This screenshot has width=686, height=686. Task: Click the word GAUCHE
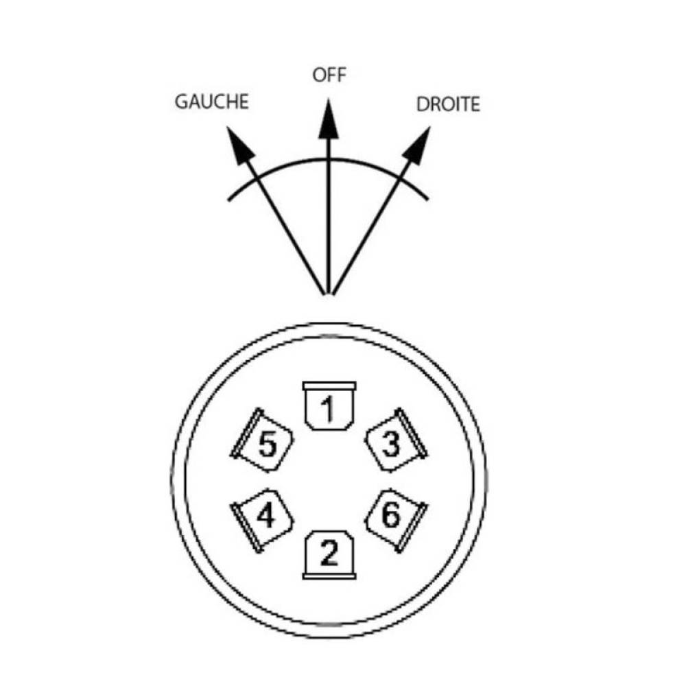[x=212, y=102]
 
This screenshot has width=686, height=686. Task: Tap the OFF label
[x=329, y=75]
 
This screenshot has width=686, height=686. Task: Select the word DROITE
[x=448, y=104]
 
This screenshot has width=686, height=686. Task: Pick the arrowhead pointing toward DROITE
[x=417, y=145]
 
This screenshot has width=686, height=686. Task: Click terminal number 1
[x=329, y=405]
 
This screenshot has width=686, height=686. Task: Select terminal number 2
[x=329, y=555]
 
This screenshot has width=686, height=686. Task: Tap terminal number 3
[x=396, y=440]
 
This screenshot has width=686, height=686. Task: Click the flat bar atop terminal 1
[x=329, y=386]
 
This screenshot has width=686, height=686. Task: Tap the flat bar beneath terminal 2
[x=329, y=577]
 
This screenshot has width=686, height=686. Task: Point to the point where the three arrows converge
[x=329, y=294]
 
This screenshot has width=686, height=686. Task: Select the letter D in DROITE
[x=423, y=104]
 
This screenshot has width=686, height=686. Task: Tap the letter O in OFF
[x=319, y=75]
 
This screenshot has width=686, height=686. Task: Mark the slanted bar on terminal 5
[x=247, y=433]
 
